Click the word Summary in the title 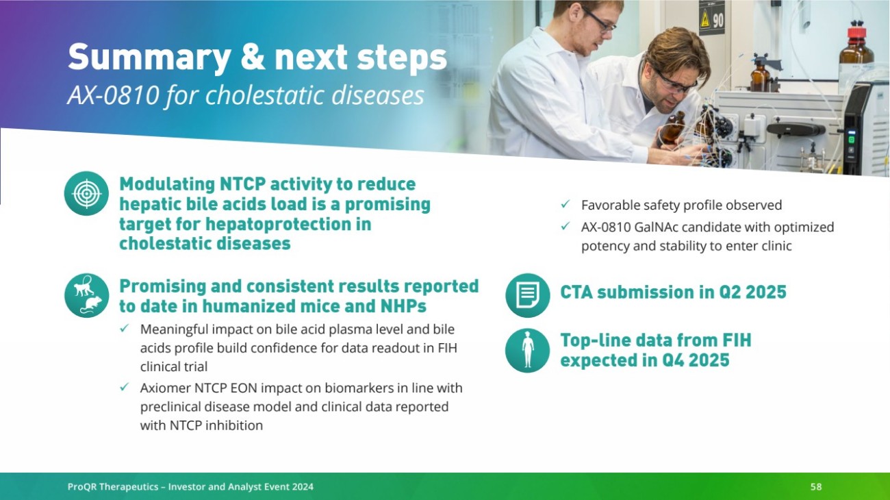(x=149, y=58)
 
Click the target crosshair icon (x=86, y=194)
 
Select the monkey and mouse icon (x=86, y=295)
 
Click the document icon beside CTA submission (x=528, y=295)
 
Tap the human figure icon (x=528, y=350)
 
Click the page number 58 (x=816, y=486)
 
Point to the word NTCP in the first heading (x=242, y=184)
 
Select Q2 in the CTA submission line (x=730, y=292)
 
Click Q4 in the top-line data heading (x=673, y=360)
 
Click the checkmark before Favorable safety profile (x=565, y=204)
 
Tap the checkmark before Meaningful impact (x=124, y=328)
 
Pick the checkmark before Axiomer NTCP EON (x=124, y=387)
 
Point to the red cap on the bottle (x=856, y=32)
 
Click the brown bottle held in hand (x=673, y=128)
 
